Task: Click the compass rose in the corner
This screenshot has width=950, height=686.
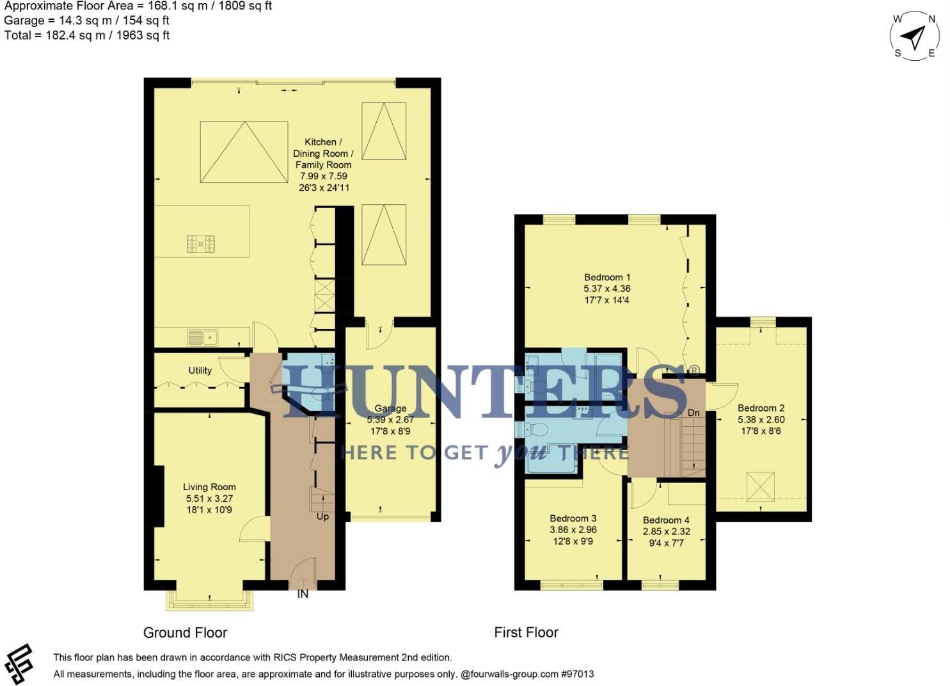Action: tap(915, 35)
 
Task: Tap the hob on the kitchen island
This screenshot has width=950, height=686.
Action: tap(201, 243)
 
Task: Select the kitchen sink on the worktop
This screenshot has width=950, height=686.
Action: tap(202, 337)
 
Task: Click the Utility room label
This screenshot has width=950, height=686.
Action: tap(200, 371)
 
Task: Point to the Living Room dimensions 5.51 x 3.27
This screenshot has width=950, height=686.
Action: tap(209, 499)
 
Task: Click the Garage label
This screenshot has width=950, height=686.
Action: tap(390, 408)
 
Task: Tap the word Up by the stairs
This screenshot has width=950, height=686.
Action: tap(322, 516)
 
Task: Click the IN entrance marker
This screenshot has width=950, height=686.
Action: tap(303, 594)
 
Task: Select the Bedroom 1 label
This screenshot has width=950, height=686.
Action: tap(607, 277)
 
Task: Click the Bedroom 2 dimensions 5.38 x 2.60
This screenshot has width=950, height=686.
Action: tap(761, 420)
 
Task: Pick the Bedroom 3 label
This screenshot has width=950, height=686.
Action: tap(573, 518)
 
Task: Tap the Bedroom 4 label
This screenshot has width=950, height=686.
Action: tap(666, 520)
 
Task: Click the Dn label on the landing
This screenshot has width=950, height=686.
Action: tap(693, 413)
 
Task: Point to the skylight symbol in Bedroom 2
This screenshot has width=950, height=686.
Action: tap(761, 487)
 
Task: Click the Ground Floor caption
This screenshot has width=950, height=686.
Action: tap(185, 633)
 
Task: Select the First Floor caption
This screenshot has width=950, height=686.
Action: tap(526, 633)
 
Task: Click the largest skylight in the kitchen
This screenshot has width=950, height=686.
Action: tap(242, 152)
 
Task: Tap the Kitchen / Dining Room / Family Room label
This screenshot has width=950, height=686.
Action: tap(323, 153)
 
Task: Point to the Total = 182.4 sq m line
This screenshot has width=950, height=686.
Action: tap(87, 35)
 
